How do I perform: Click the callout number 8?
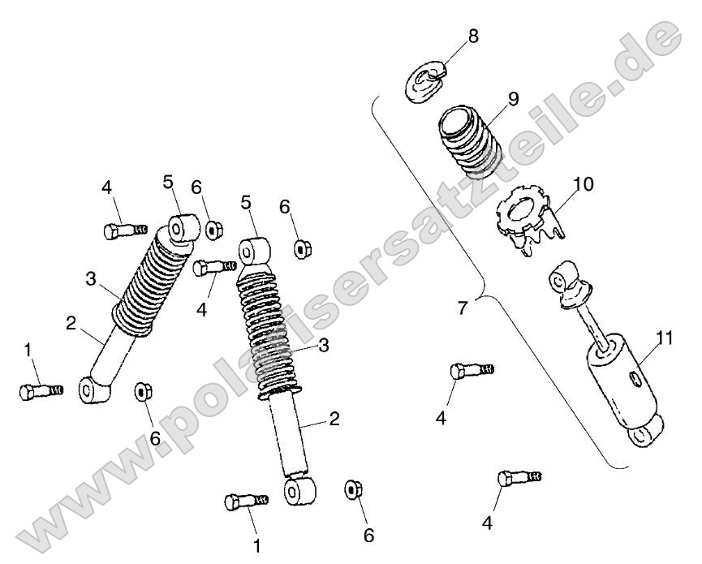coord(473,36)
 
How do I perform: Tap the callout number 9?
coord(513,99)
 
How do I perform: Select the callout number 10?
coord(583,184)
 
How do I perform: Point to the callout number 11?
coord(664,338)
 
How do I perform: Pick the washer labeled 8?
coord(426,80)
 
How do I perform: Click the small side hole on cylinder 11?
coord(635,379)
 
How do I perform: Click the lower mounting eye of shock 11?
coord(644,432)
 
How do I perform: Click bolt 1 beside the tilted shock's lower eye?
coord(41,391)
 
